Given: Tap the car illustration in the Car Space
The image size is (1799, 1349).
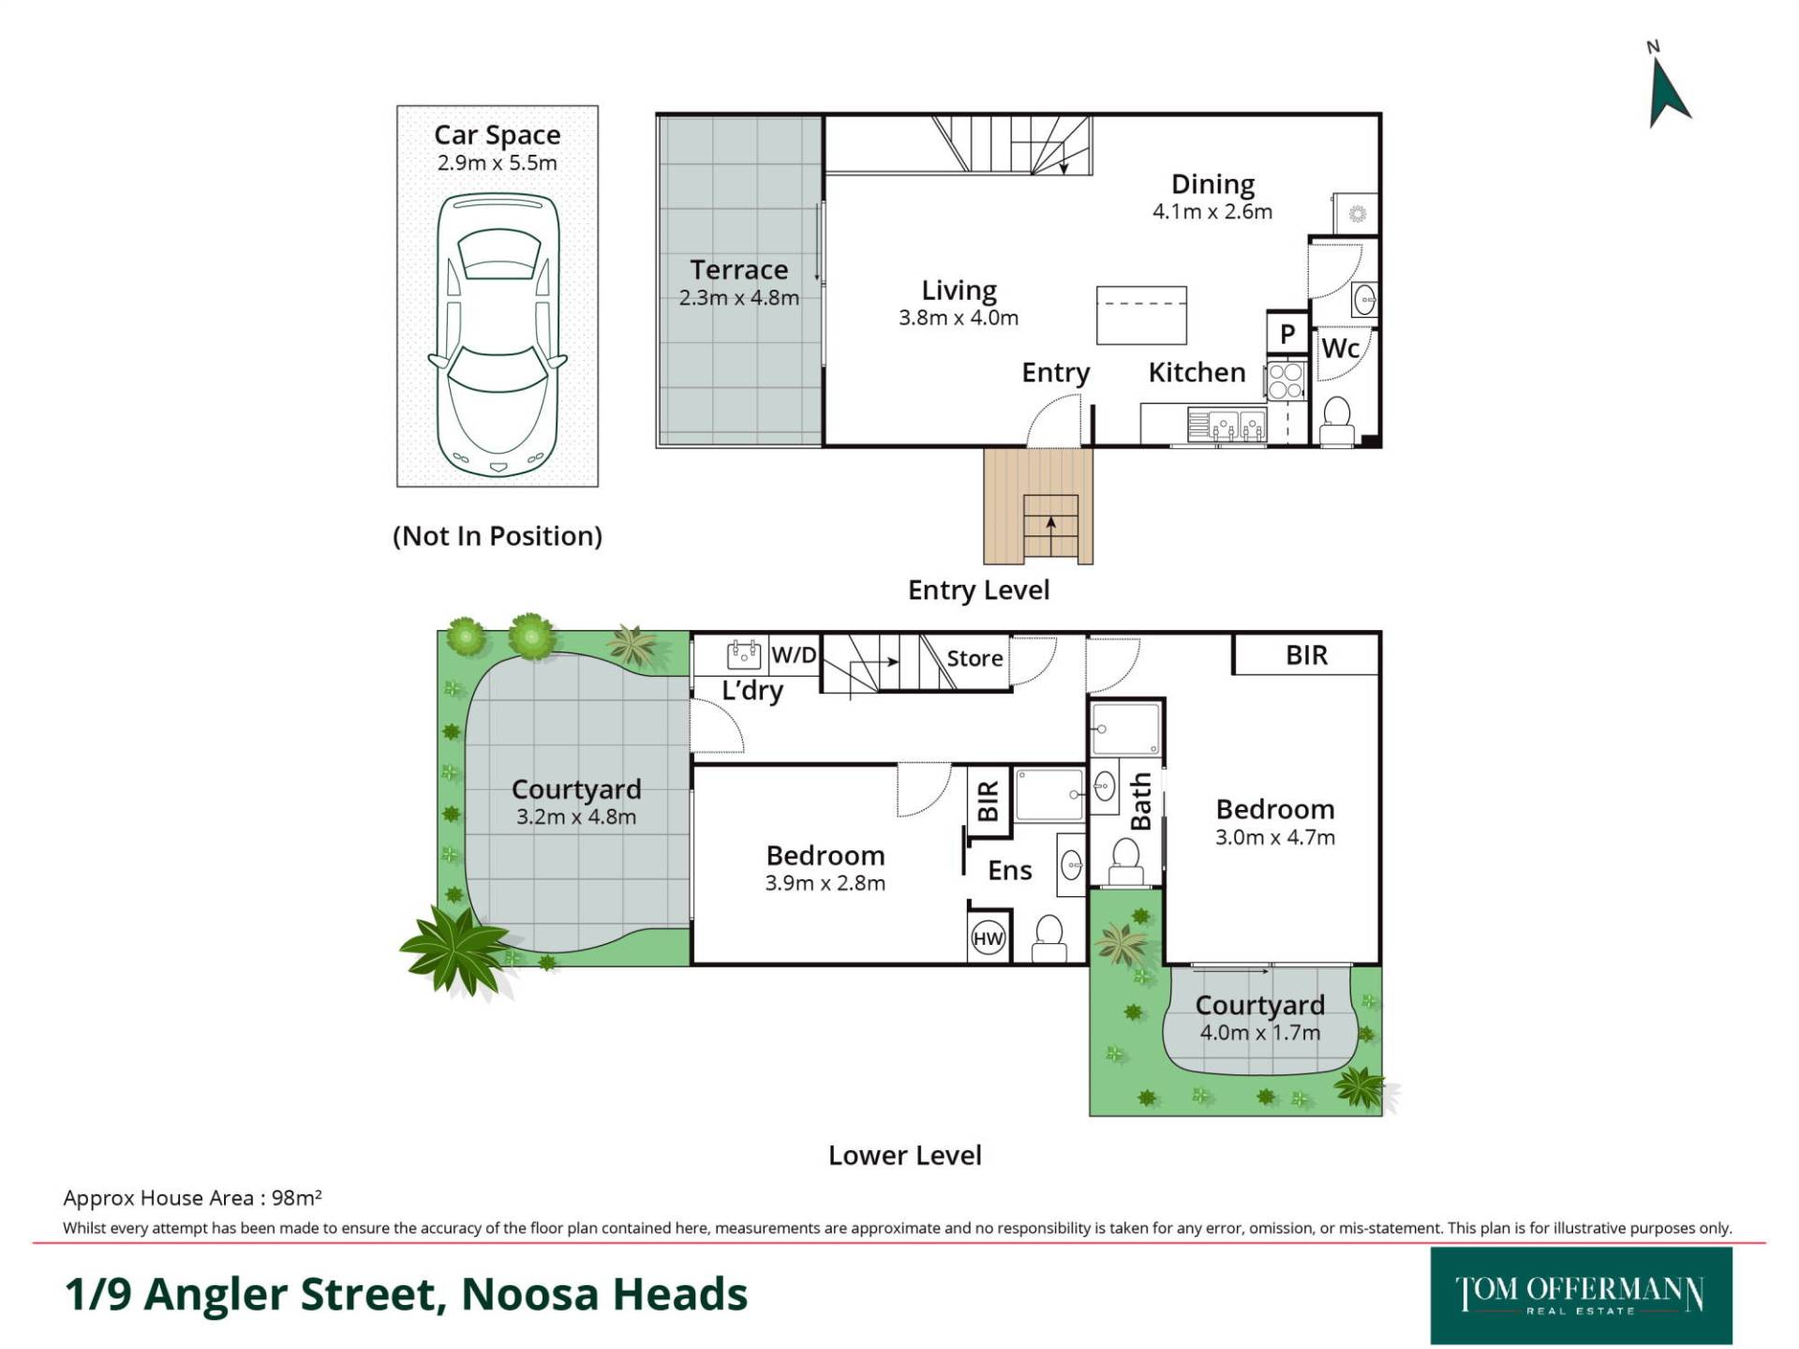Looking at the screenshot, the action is point(498,335).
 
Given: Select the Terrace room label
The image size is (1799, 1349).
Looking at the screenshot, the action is point(738,270).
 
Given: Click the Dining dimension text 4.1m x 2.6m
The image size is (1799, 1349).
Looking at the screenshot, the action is point(1212,212).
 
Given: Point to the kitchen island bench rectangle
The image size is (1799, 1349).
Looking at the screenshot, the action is point(1141,315).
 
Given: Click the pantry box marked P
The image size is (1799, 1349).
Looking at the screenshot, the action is point(1287,333).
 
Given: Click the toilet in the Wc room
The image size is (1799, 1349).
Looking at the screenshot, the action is point(1337,421).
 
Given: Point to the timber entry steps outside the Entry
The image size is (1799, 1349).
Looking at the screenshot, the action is point(1038,505).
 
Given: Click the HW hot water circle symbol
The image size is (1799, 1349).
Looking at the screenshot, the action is point(988,938).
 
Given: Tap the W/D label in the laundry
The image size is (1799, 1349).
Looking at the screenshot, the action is point(794,655).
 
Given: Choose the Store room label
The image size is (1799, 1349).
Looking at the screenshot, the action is point(974,658).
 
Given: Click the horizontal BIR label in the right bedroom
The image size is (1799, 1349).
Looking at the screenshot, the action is point(1306,655).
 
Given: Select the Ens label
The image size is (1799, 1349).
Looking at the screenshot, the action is point(1010,871).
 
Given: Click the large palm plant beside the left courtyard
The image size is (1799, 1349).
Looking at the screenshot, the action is point(455,948).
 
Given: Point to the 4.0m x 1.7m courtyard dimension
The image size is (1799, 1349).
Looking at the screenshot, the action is point(1260,1033).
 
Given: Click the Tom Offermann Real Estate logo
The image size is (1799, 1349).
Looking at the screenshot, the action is point(1581,1296).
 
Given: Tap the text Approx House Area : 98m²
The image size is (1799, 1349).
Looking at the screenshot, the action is point(193,1197).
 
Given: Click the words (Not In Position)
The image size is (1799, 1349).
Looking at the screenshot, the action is point(498,536).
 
